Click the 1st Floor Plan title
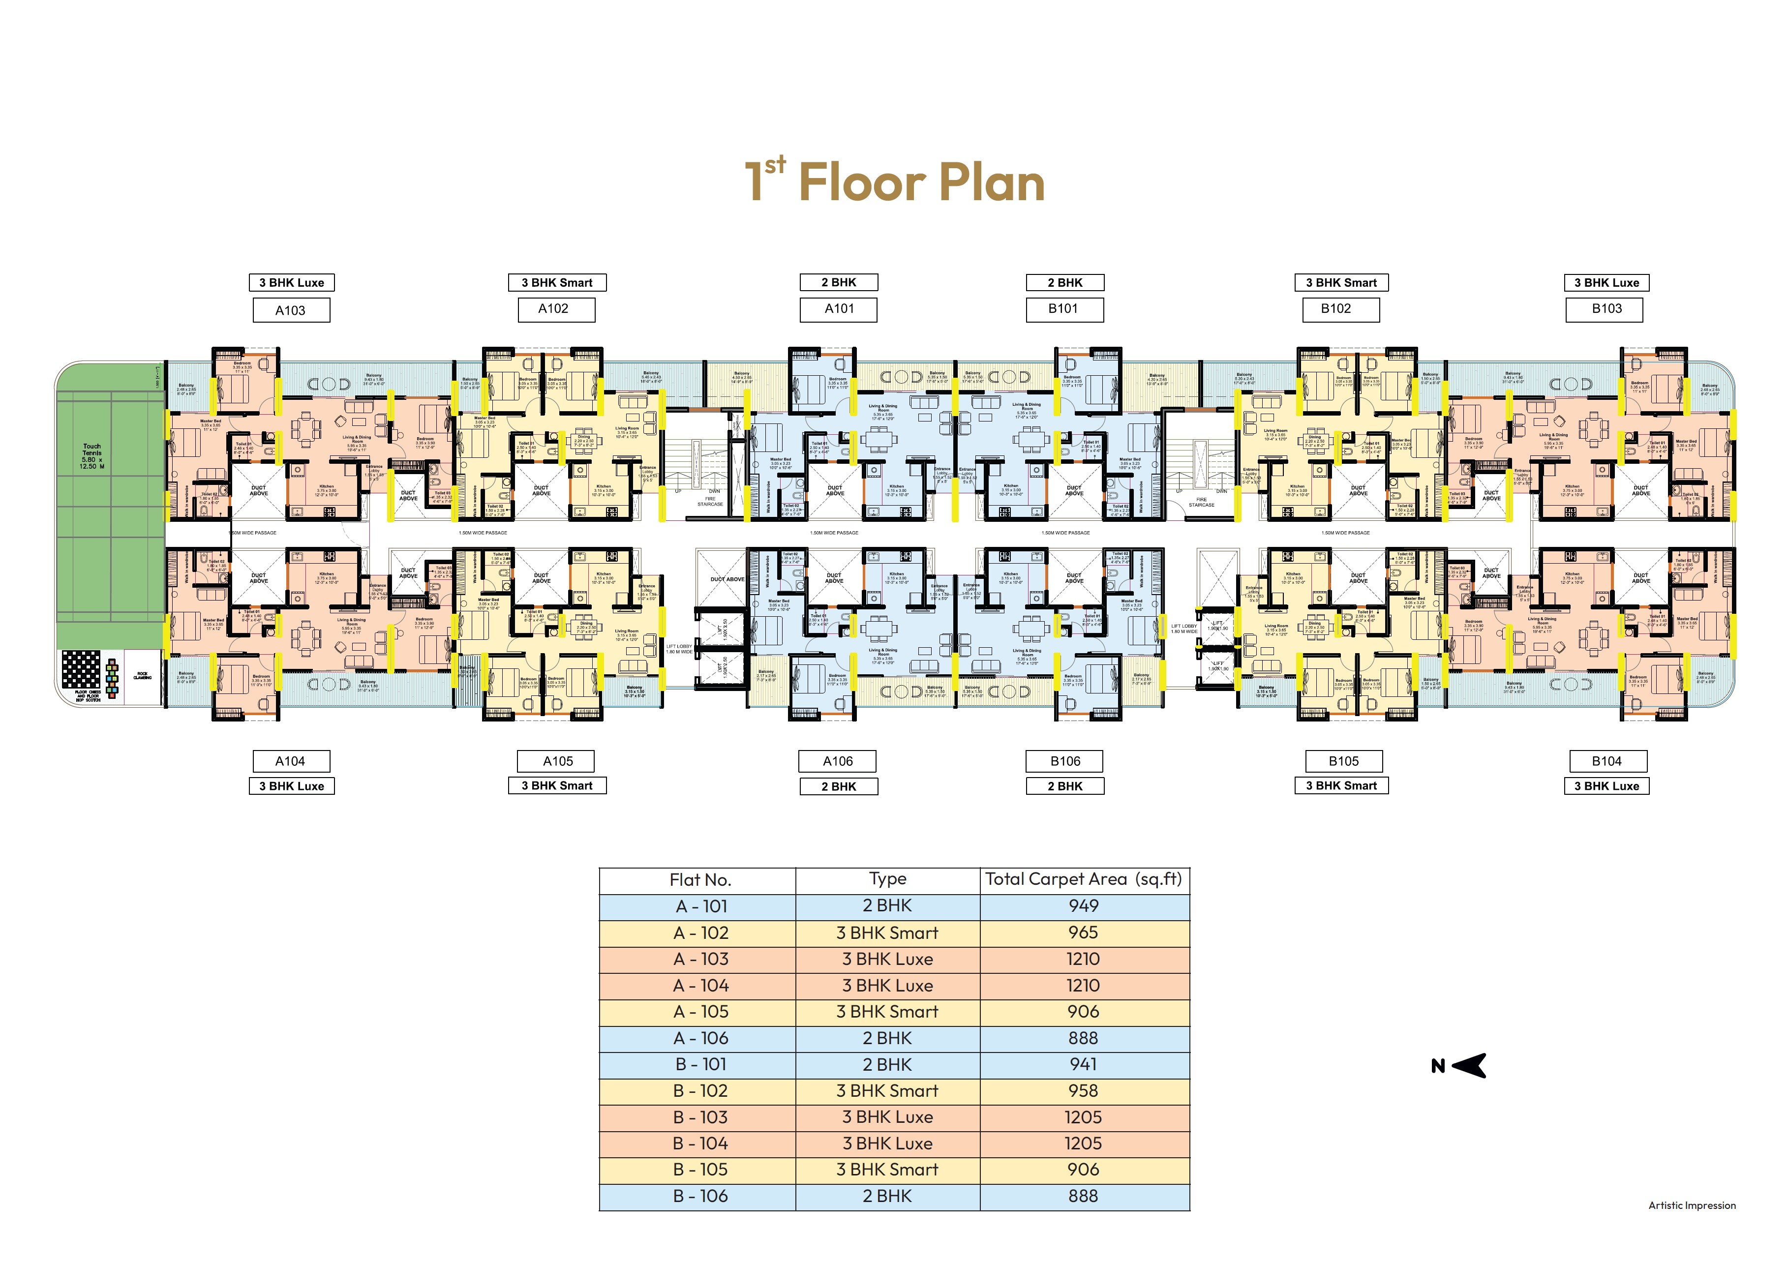click(894, 182)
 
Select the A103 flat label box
click(291, 310)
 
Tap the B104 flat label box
click(1606, 761)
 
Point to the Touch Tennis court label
click(92, 455)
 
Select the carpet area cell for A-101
click(1083, 905)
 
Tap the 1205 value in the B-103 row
click(1083, 1116)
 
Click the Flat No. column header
click(699, 880)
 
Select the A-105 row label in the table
click(699, 1012)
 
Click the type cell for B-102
click(887, 1090)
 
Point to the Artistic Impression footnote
click(1692, 1205)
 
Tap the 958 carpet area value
click(1083, 1090)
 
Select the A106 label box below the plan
click(838, 761)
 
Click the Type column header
click(887, 879)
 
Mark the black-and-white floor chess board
click(81, 669)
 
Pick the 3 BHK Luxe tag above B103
click(1606, 283)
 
